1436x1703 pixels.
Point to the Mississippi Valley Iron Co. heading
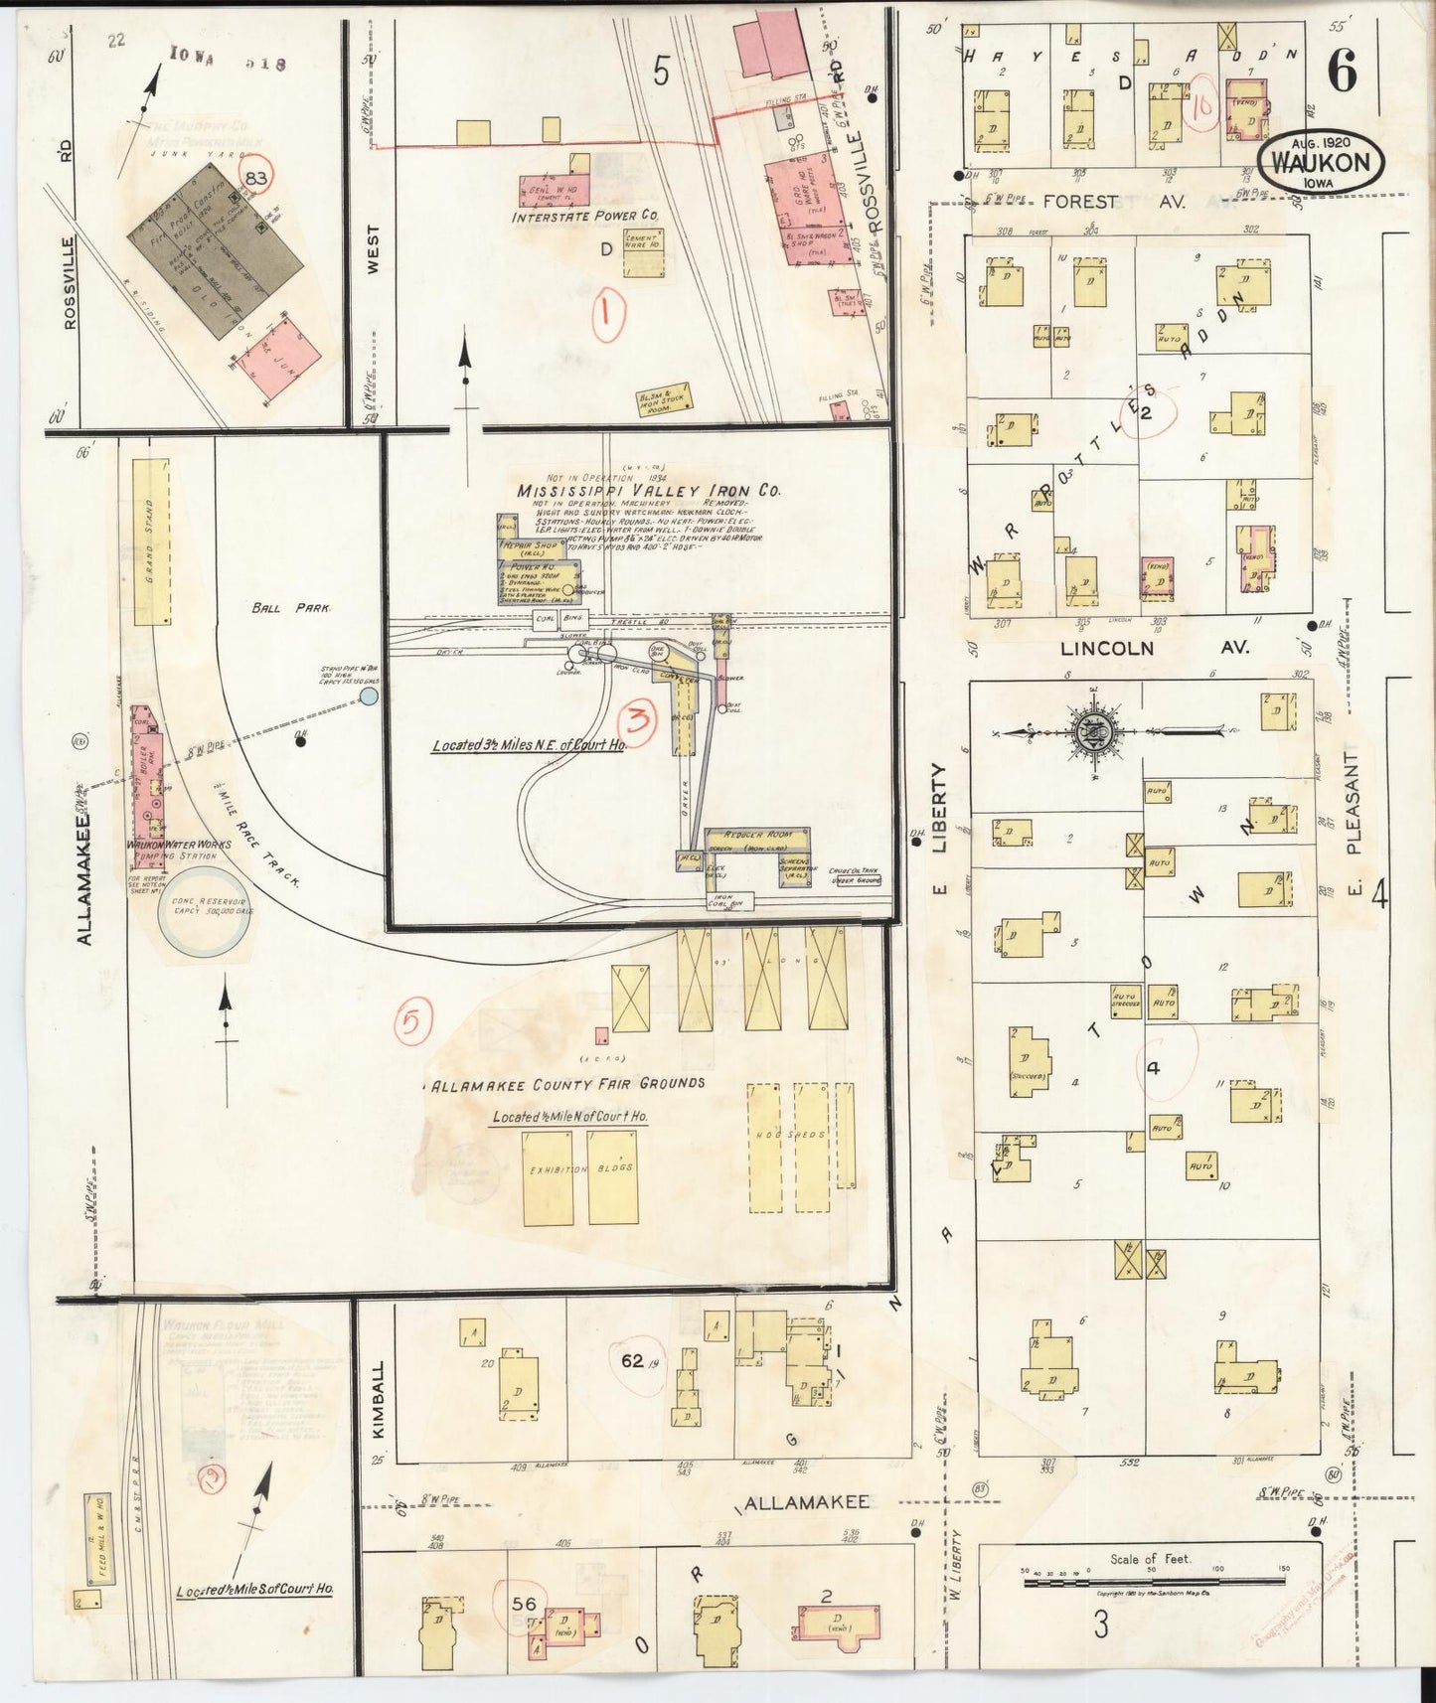point(648,491)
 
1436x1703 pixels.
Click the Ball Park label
point(306,607)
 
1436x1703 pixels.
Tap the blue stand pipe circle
point(369,697)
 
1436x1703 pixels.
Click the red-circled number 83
point(257,179)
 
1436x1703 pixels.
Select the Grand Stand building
point(151,542)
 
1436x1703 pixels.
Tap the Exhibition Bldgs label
point(580,1169)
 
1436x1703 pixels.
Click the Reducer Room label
point(756,835)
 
